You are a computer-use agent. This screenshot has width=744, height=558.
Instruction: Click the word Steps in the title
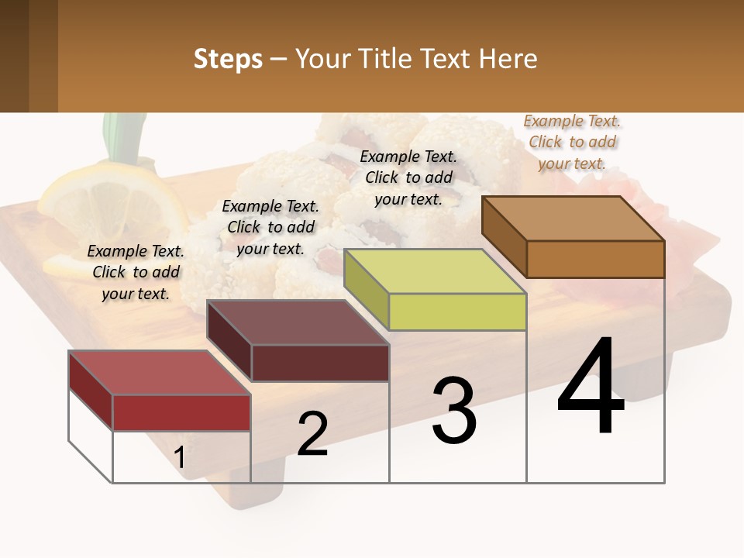coord(228,59)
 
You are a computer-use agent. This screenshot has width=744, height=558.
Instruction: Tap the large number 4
coord(591,387)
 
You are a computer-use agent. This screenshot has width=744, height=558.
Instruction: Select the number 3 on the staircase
coord(453,411)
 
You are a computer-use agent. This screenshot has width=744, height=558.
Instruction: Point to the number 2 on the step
coord(312,434)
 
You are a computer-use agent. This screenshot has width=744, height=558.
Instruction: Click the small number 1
coord(179,458)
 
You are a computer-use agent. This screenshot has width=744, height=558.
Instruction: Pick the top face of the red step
coord(159,373)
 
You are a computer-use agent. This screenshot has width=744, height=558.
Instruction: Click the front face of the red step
coord(181,412)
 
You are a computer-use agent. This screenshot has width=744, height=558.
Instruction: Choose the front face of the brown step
coord(595,259)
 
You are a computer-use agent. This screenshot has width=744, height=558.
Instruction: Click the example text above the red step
coord(136,272)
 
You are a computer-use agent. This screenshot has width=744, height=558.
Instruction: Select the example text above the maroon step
coord(270,227)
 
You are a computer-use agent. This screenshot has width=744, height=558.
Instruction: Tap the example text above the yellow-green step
coord(408,177)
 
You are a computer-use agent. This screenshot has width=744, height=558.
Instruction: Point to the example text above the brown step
coord(572,142)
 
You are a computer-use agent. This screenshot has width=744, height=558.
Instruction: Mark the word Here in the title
coord(508,59)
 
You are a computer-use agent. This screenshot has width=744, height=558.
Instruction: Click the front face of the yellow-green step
coord(457,312)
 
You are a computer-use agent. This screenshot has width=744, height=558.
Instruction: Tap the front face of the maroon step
coord(320,362)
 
